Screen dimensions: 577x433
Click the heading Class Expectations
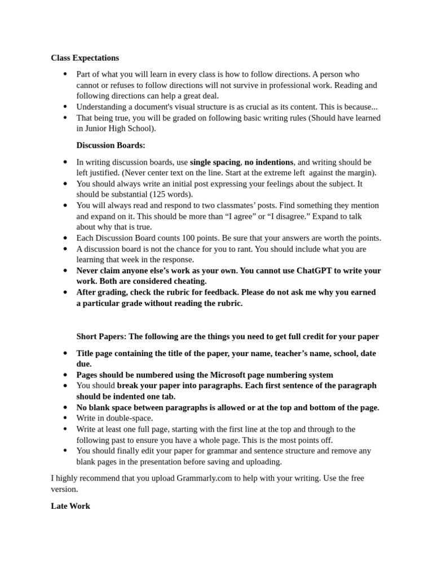(85, 57)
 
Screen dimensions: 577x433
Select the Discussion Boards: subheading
(111, 145)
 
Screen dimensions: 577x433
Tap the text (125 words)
(170, 194)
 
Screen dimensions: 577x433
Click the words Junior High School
(119, 128)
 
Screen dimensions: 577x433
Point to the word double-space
(132, 418)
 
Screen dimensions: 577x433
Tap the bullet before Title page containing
(65, 353)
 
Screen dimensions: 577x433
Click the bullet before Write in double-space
(65, 418)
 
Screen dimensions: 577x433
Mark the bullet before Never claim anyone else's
(65, 270)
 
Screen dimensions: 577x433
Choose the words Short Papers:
(101, 336)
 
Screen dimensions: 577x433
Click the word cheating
(188, 281)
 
